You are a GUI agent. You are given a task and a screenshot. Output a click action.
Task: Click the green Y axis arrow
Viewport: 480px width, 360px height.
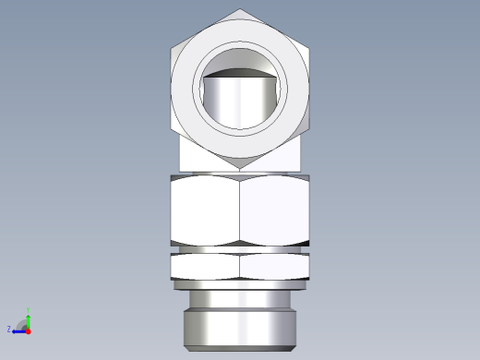(29, 318)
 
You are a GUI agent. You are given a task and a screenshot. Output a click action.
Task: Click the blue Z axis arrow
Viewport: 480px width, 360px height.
(18, 330)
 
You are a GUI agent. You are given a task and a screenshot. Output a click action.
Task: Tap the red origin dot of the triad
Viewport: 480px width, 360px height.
(29, 330)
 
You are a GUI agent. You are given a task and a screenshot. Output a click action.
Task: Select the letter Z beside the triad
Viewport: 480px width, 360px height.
(9, 329)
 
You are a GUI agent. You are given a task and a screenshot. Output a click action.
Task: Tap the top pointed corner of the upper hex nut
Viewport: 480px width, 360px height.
(240, 10)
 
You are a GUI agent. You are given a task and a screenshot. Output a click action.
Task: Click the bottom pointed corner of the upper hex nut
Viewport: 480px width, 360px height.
(240, 167)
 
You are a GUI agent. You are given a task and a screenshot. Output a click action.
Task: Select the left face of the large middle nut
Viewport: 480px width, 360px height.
(205, 210)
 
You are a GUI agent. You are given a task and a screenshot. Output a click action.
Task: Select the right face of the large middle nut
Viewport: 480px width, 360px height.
(274, 210)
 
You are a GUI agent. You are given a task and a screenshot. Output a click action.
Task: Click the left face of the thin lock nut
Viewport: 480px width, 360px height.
(205, 267)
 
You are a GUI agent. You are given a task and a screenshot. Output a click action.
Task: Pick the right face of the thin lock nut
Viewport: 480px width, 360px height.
(274, 267)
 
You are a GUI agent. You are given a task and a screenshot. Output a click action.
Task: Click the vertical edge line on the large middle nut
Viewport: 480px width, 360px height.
(240, 210)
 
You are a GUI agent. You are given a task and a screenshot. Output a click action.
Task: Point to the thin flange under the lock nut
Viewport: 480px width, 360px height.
(240, 284)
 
